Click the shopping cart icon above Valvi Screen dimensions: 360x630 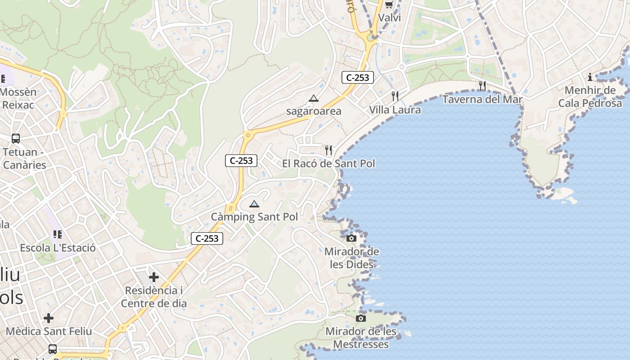pos(389,5)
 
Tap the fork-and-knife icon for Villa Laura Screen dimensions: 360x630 pos(395,96)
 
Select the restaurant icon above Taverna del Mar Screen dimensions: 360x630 pos(482,85)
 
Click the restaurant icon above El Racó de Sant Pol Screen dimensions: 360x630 pos(329,150)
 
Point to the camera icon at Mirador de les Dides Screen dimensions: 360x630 pos(351,238)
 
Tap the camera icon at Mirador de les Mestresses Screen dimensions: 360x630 pos(360,319)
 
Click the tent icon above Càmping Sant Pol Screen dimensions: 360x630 pos(254,204)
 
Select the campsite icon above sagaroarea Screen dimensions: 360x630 pos(314,98)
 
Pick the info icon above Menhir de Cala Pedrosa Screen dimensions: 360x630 pos(590,77)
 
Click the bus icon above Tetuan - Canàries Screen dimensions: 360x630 pos(16,139)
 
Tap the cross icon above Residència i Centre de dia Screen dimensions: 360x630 pos(154,277)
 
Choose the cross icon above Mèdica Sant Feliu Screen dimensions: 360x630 pos(49,318)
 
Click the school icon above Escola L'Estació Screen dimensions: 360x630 pos(57,234)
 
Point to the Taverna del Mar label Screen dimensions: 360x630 pos(482,99)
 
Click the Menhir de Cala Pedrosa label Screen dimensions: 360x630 pos(590,97)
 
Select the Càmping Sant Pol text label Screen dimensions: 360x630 pos(254,217)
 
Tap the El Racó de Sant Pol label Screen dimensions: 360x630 pos(328,163)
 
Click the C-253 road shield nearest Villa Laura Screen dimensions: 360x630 pos(358,77)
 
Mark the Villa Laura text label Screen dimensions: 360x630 pos(395,110)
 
